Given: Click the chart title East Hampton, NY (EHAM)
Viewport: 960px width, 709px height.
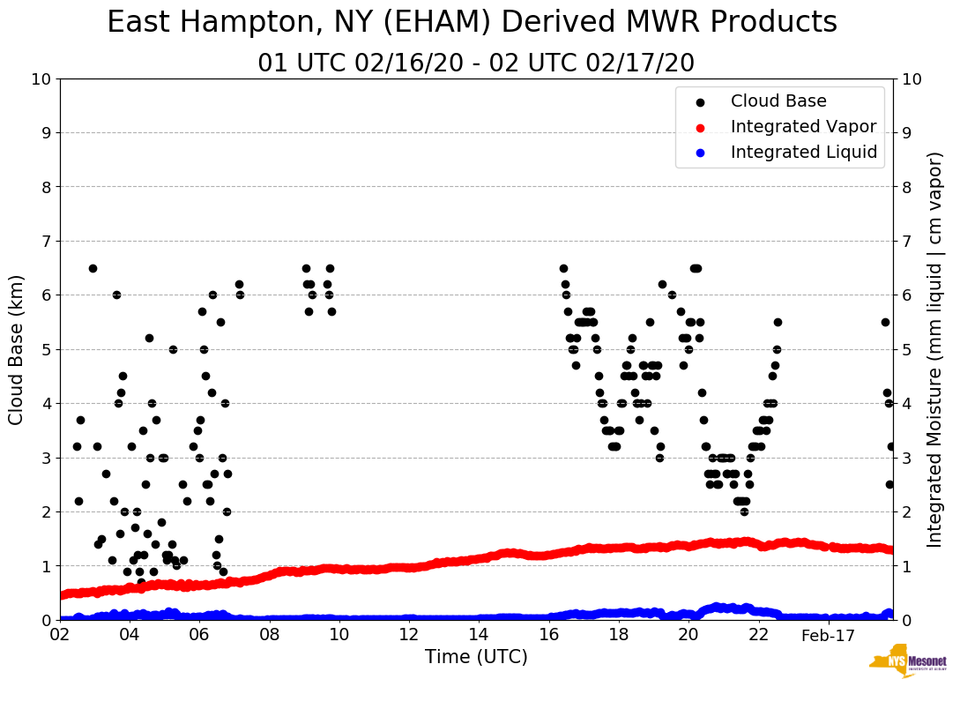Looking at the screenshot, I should (x=472, y=23).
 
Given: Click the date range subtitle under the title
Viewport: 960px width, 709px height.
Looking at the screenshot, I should (x=476, y=63).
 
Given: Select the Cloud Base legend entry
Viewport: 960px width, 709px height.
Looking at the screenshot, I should (x=778, y=101).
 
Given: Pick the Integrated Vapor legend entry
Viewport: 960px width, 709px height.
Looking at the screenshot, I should (x=803, y=127).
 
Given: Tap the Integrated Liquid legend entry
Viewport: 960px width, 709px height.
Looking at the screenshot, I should (x=804, y=153).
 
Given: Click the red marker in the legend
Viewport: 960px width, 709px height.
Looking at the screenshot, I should (x=701, y=127).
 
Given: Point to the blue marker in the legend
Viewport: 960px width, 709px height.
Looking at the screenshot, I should (x=701, y=153).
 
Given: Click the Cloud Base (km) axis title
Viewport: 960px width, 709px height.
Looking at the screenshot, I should (x=17, y=349).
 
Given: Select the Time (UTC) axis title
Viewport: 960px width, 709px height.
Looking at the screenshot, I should (x=476, y=657).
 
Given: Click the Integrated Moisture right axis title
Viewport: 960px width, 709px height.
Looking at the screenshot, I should (x=935, y=349).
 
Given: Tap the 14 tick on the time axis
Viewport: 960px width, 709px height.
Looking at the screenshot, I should (x=479, y=635).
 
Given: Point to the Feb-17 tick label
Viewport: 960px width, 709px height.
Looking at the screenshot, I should (x=829, y=635).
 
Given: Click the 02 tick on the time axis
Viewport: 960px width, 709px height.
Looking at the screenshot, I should (x=60, y=635).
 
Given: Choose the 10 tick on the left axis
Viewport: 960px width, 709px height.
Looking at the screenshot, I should (x=41, y=79).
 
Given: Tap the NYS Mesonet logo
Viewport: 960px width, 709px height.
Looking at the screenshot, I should (x=907, y=664).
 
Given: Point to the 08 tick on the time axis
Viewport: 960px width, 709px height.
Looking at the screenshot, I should (x=270, y=635).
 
